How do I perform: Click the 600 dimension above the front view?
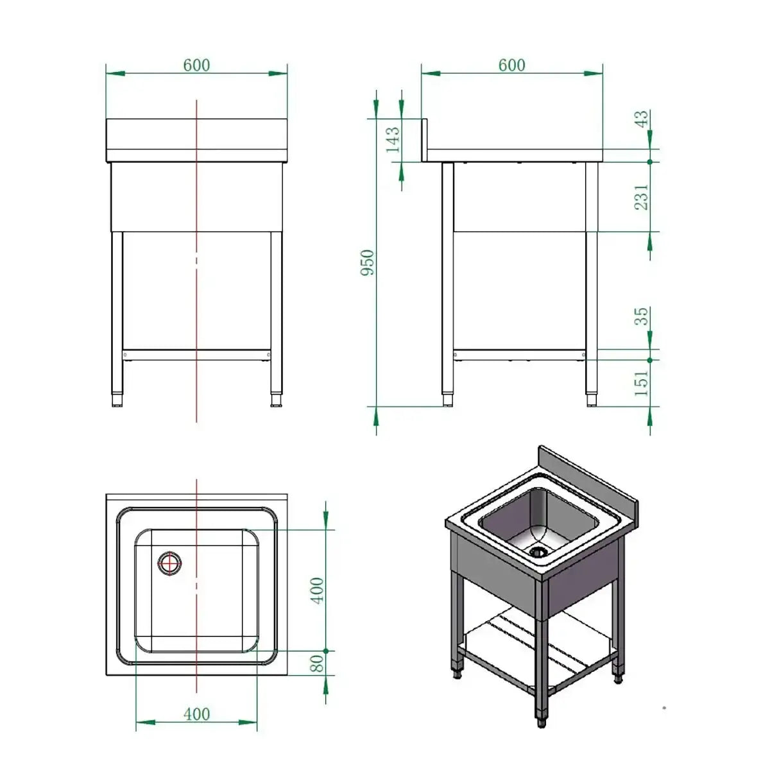196,65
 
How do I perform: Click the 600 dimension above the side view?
511,65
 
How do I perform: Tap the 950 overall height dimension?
368,262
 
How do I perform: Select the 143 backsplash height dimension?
392,139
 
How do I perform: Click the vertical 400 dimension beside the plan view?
317,590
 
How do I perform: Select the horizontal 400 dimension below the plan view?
196,714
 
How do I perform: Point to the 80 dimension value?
317,663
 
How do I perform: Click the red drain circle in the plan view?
169,563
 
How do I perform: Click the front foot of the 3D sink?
542,721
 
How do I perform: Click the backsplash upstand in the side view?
424,139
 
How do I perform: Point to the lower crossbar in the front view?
196,354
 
